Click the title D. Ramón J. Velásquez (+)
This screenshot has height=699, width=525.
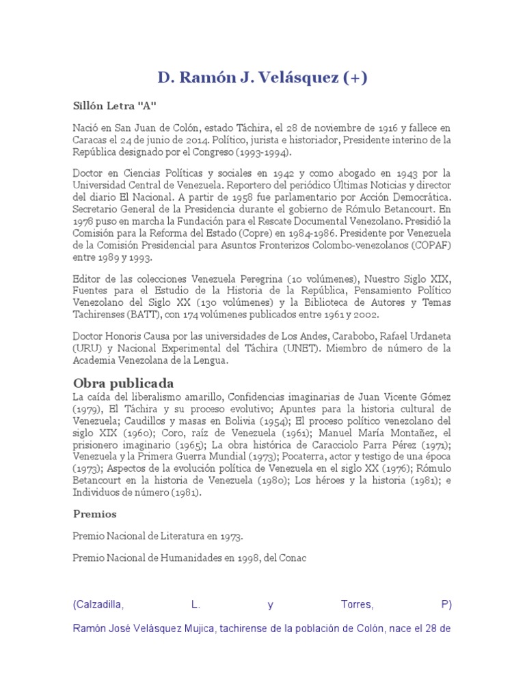[262, 78]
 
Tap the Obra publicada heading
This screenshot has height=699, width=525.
[123, 382]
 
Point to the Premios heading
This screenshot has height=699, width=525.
[94, 514]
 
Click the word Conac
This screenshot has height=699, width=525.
[292, 558]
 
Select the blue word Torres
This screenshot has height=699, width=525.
[357, 604]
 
